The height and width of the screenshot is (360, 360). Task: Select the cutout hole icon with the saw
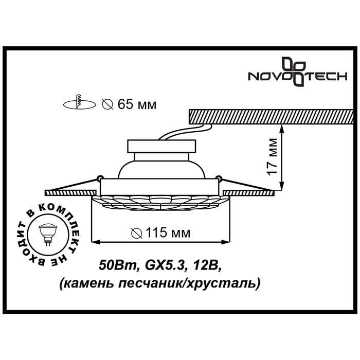79,103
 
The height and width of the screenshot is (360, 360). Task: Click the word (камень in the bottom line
82,282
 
